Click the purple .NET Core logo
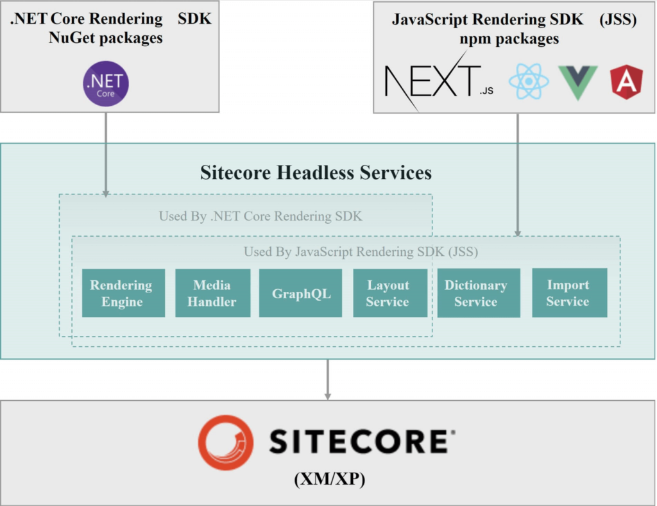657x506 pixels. point(107,83)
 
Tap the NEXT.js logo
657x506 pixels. point(438,83)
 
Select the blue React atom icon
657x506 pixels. point(529,82)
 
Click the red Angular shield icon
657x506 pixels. point(626,82)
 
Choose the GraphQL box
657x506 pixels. point(301,293)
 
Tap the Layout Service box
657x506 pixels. point(389,293)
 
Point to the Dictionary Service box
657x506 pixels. point(478,293)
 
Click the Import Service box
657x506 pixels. point(569,293)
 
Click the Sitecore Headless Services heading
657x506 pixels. point(316,173)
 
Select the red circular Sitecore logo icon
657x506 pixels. point(225,442)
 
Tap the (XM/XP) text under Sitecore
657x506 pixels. point(328,479)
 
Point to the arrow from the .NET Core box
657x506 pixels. point(106,154)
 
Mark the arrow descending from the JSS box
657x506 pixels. point(517,173)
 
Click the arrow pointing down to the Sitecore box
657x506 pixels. point(328,380)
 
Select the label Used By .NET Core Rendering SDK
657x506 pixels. point(260,216)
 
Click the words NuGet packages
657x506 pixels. point(106,38)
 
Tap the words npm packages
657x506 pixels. point(509,39)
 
